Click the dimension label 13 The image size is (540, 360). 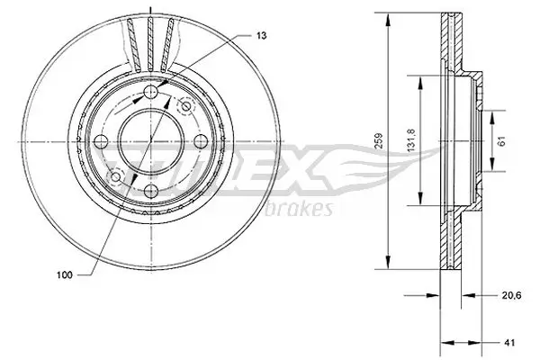(260, 35)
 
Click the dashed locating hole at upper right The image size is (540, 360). (186, 106)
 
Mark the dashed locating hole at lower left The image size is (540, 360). (114, 175)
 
